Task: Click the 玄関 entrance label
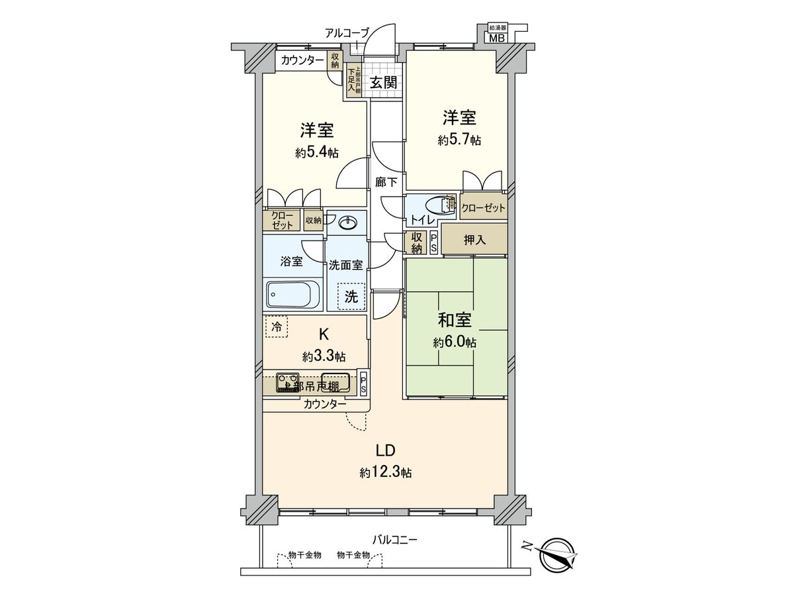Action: pyautogui.click(x=383, y=83)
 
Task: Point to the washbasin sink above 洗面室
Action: pyautogui.click(x=350, y=222)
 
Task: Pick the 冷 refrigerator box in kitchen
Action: pyautogui.click(x=277, y=326)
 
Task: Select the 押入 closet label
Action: pyautogui.click(x=474, y=240)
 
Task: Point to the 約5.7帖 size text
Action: pyautogui.click(x=459, y=140)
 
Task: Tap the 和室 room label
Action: pyautogui.click(x=455, y=321)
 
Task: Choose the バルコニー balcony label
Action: pyautogui.click(x=394, y=540)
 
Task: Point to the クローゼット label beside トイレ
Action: pyautogui.click(x=483, y=208)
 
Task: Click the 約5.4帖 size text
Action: pyautogui.click(x=317, y=153)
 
